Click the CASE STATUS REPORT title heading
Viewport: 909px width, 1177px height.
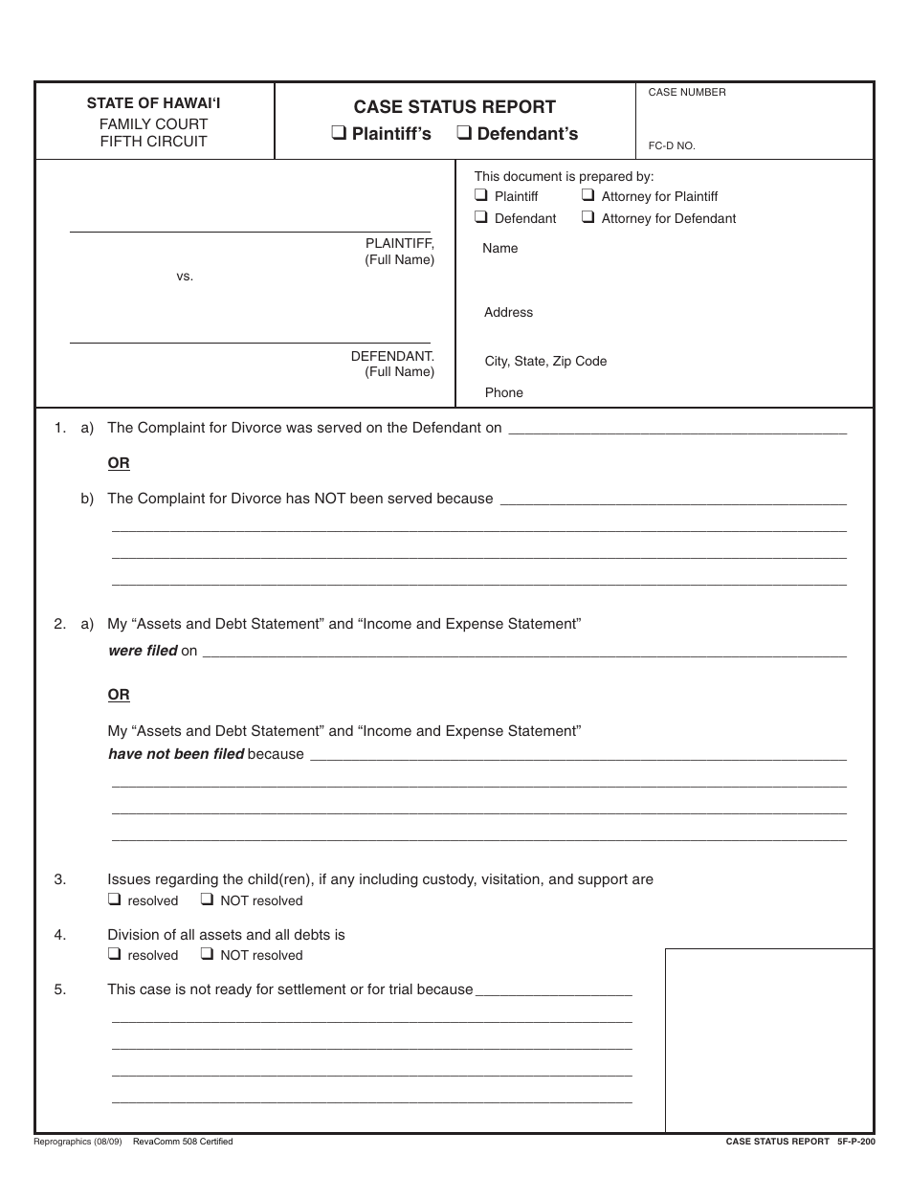(x=454, y=107)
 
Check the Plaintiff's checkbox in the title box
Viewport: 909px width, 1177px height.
(x=339, y=134)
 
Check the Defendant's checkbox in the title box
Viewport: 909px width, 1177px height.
(x=464, y=134)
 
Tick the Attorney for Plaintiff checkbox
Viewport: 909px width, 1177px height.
(x=588, y=195)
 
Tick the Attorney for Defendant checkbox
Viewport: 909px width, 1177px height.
(x=588, y=217)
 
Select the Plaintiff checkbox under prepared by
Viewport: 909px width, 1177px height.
(x=481, y=195)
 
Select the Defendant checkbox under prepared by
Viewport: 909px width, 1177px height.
(x=481, y=217)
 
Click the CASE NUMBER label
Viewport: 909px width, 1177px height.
(x=687, y=93)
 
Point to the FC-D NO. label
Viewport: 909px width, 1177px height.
(x=672, y=146)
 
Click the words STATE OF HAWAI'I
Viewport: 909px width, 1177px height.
(x=153, y=103)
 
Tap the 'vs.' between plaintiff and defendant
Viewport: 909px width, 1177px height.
(x=185, y=277)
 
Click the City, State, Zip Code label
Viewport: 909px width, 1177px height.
(x=545, y=362)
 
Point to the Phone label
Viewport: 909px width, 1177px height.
(x=503, y=393)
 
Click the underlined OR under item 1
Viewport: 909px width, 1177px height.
(x=119, y=463)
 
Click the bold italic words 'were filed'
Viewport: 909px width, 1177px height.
(x=143, y=651)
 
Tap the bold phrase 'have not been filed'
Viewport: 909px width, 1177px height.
(x=176, y=754)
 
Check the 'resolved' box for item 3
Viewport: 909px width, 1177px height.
(x=114, y=899)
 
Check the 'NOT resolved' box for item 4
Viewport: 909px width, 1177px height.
(x=207, y=954)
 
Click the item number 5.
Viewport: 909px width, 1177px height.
(x=60, y=989)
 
